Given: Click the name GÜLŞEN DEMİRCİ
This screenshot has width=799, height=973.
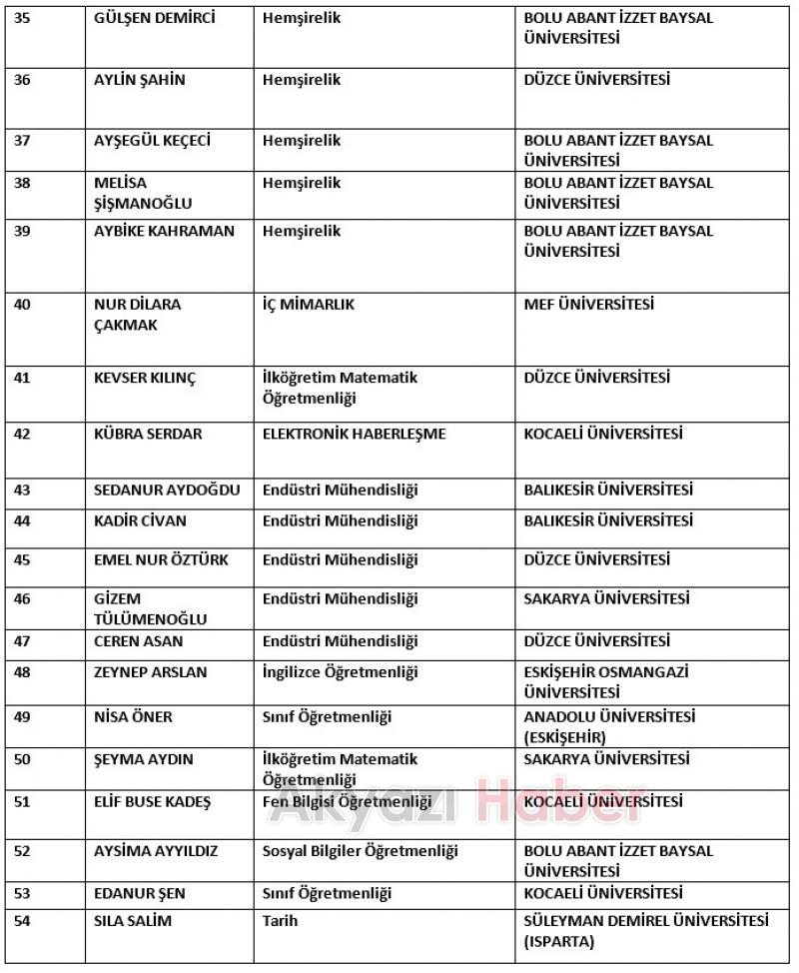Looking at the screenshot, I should (154, 19).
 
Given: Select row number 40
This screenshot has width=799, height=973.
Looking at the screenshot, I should (22, 305).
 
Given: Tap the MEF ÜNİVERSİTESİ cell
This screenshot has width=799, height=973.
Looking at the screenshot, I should (588, 305).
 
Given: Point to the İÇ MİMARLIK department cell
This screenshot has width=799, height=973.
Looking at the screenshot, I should (309, 305).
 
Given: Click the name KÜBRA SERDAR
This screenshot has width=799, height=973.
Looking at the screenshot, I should (148, 435).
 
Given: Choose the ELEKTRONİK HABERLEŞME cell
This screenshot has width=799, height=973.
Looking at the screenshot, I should (354, 435).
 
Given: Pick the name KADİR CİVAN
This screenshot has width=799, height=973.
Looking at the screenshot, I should (140, 521).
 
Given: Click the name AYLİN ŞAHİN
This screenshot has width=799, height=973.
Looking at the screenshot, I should (140, 81).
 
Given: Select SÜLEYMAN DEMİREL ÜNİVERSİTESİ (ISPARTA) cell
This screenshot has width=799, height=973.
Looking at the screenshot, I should (646, 931).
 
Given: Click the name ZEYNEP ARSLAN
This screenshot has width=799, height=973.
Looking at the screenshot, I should (151, 672).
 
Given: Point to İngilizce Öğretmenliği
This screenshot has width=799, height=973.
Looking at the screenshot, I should (340, 672).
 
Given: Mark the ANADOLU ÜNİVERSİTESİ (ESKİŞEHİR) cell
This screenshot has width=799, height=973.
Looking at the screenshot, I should (609, 727).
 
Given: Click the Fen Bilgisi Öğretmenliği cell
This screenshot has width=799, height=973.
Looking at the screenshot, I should (347, 802).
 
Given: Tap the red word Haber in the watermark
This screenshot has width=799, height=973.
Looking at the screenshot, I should (559, 805).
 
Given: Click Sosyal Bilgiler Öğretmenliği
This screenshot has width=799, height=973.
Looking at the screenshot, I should (360, 851).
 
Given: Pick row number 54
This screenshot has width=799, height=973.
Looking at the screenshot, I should (22, 921).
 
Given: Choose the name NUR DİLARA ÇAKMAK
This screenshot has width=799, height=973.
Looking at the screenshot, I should (137, 315).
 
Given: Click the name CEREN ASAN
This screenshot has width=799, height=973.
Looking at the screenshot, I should (139, 641).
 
